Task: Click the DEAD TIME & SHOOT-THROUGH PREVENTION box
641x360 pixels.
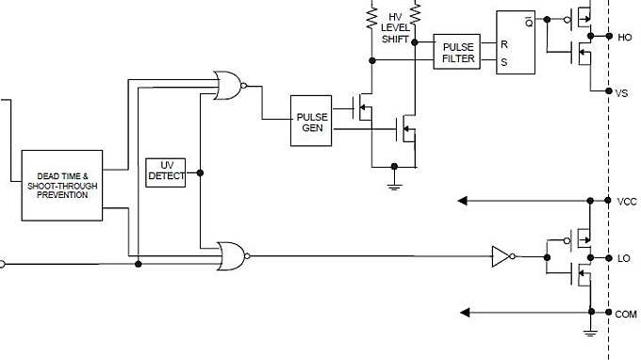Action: click(62, 185)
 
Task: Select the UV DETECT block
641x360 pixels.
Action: click(166, 171)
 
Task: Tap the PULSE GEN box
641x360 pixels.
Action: click(312, 122)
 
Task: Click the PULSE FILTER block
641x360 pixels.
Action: click(456, 53)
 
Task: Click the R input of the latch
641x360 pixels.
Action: click(503, 44)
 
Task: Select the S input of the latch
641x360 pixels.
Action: click(503, 62)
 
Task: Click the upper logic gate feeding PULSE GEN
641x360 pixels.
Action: click(228, 86)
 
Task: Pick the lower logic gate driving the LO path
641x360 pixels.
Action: click(231, 255)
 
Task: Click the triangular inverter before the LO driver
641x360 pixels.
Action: click(501, 255)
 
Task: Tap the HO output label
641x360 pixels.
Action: click(623, 38)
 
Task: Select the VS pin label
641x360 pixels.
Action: click(621, 93)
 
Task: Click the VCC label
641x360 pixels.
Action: click(626, 201)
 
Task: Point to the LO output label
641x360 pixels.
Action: click(623, 257)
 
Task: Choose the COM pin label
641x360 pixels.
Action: click(626, 313)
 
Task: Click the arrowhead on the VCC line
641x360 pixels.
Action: click(463, 201)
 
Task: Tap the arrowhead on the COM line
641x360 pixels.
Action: click(463, 312)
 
